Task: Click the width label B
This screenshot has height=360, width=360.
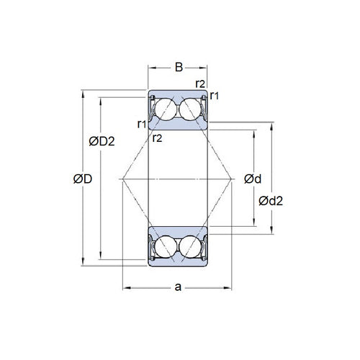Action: tap(179, 68)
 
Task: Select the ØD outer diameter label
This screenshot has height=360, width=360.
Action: tap(83, 179)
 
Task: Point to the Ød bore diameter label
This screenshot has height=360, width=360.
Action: tap(252, 179)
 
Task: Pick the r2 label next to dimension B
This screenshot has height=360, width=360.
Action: tap(201, 84)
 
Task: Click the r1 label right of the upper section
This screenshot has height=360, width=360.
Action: tap(215, 96)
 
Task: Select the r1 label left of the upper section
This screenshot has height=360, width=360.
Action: tap(142, 125)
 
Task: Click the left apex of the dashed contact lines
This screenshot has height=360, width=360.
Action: tap(123, 178)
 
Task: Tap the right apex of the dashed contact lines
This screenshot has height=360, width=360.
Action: tap(232, 178)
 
